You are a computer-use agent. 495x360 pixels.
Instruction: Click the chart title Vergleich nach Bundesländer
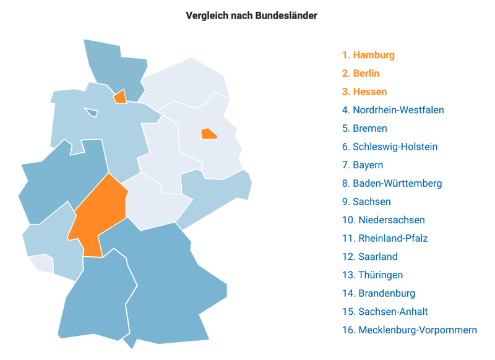(x=251, y=15)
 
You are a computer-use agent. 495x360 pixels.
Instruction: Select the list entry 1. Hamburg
(x=368, y=55)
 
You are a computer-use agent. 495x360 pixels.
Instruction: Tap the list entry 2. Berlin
(x=361, y=74)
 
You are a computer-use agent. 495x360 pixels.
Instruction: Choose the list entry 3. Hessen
(x=364, y=92)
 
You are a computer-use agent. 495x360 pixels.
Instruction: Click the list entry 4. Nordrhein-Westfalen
(x=392, y=110)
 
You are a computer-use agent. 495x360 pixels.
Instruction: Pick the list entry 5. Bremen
(x=364, y=129)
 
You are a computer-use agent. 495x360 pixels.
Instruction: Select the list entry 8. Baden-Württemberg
(x=392, y=184)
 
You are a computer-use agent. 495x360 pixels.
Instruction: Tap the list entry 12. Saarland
(x=369, y=257)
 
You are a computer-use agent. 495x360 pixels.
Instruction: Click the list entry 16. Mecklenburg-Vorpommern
(x=409, y=330)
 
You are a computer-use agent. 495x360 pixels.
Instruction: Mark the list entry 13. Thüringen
(x=372, y=275)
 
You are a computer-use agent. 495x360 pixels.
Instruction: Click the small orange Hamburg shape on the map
(x=121, y=96)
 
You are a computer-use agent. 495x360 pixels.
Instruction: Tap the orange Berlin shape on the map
(x=209, y=133)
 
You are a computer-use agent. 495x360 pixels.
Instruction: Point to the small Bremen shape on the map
(x=92, y=113)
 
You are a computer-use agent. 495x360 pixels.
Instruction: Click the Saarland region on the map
(x=41, y=263)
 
